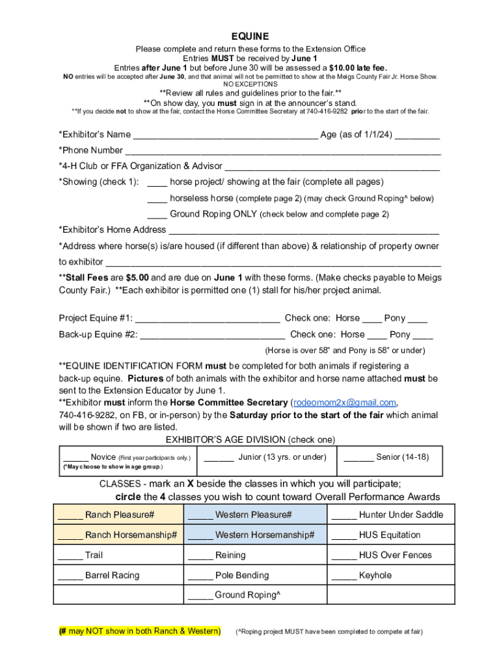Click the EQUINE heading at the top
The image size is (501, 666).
pyautogui.click(x=251, y=36)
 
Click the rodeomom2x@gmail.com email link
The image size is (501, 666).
pyautogui.click(x=345, y=403)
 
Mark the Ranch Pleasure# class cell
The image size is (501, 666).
pyautogui.click(x=118, y=515)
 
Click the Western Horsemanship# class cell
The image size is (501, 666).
pyautogui.click(x=255, y=535)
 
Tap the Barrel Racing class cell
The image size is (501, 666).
pyautogui.click(x=118, y=576)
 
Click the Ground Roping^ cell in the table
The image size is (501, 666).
pyautogui.click(x=255, y=595)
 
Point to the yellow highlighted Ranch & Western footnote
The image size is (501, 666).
pyautogui.click(x=139, y=632)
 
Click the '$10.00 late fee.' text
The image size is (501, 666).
pyautogui.click(x=357, y=67)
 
